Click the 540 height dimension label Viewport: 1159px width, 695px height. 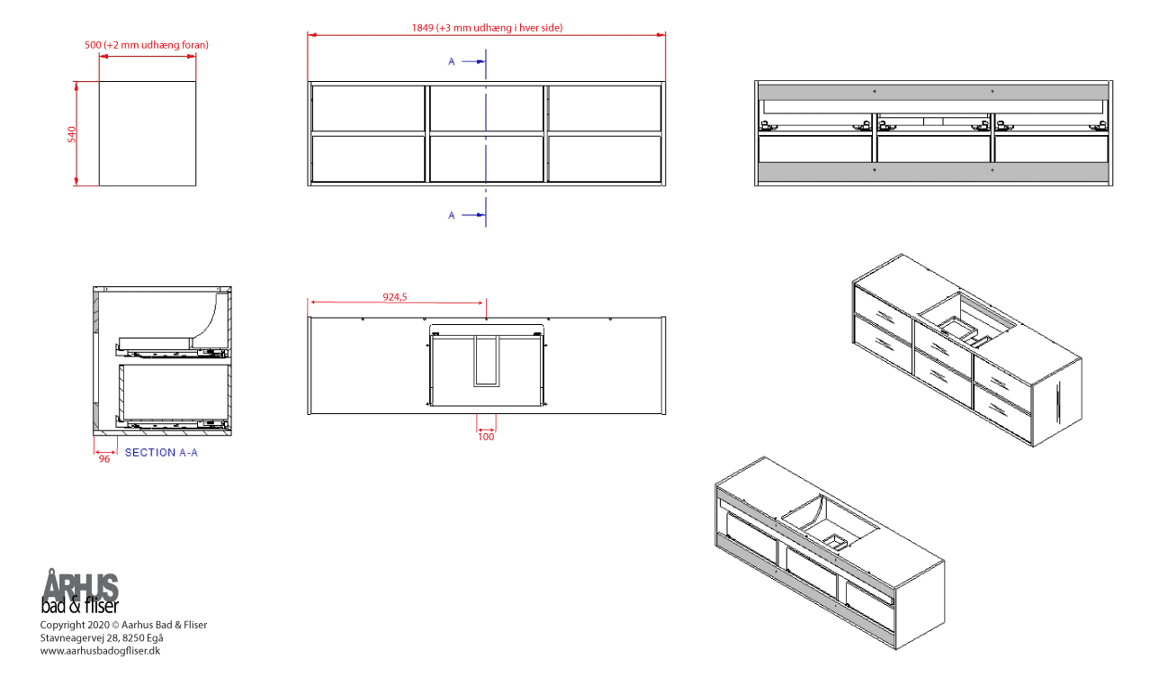click(71, 134)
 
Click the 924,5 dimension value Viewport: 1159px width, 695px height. click(395, 297)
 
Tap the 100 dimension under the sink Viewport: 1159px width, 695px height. click(486, 437)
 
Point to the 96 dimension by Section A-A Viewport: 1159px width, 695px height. click(104, 459)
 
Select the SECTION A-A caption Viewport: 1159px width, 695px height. click(161, 453)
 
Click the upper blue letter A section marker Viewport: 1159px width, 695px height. click(451, 62)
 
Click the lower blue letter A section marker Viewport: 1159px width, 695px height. click(451, 215)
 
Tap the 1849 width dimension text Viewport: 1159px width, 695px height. click(487, 28)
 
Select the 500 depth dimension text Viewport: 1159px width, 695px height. click(147, 45)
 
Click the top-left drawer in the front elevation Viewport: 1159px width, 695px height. click(368, 108)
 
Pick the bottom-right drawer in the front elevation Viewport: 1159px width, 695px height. click(605, 158)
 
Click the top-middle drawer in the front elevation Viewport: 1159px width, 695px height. click(486, 108)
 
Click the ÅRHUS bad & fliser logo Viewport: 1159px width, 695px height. click(80, 591)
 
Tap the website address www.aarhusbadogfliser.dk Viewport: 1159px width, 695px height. click(101, 651)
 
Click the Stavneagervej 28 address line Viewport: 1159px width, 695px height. click(102, 638)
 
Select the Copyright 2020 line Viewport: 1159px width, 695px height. click(123, 625)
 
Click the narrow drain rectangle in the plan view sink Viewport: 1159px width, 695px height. click(486, 361)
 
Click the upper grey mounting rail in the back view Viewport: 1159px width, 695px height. click(933, 92)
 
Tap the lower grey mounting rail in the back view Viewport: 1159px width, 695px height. click(933, 171)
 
